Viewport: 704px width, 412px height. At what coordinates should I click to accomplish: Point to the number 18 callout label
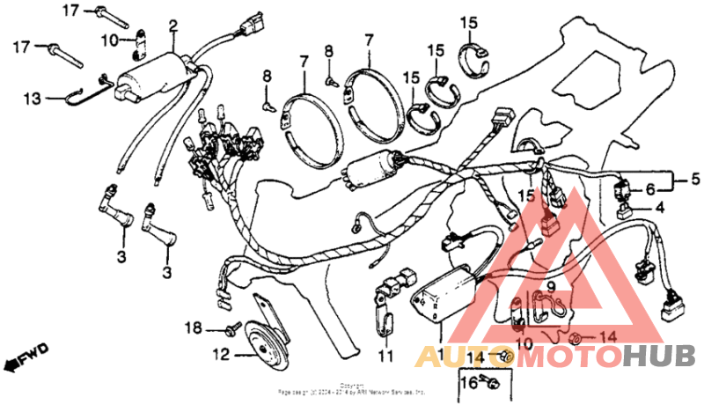pos(193,328)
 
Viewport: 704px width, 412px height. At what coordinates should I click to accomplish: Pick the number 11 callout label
pos(383,357)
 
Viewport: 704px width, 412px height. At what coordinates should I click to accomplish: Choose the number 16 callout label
pos(467,383)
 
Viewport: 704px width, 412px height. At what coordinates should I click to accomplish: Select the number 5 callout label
pos(694,180)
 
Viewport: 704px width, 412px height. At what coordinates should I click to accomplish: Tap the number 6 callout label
pos(650,189)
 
